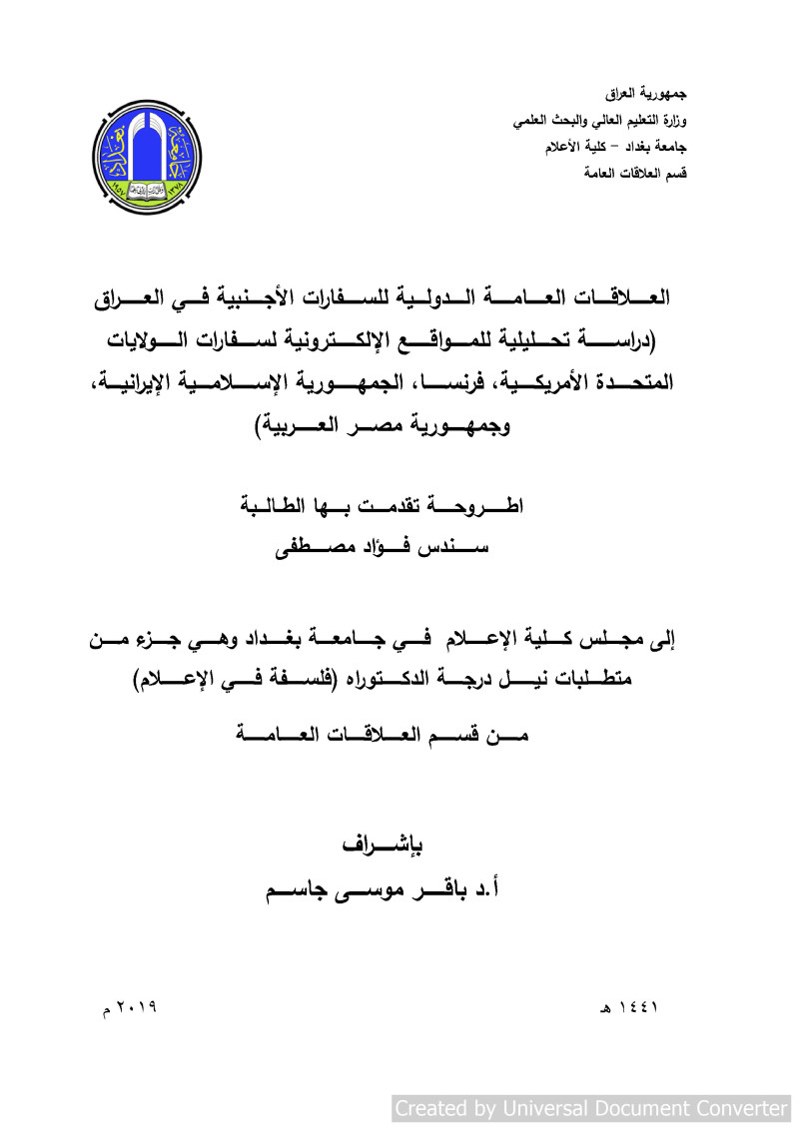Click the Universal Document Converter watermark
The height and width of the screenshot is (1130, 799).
point(591,1108)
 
